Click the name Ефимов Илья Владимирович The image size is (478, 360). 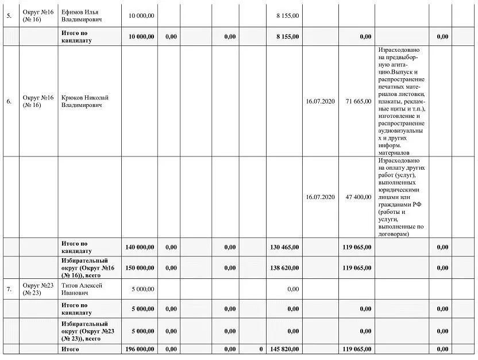click(x=82, y=16)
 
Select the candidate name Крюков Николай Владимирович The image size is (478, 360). click(x=85, y=101)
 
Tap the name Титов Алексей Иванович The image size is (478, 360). click(x=82, y=289)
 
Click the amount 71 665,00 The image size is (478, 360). click(x=358, y=102)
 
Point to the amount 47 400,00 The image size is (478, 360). click(x=358, y=197)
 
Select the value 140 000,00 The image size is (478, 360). click(x=140, y=247)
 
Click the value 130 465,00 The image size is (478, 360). click(x=284, y=247)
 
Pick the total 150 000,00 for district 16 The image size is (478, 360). click(x=140, y=268)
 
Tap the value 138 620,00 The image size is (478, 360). click(x=284, y=268)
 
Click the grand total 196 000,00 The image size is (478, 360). click(x=140, y=349)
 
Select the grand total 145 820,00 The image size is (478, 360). click(x=284, y=349)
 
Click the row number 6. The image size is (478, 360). click(x=9, y=102)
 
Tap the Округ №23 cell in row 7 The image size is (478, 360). click(x=38, y=289)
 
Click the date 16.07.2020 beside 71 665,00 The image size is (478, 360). click(x=320, y=102)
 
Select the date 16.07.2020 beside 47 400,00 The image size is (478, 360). click(x=320, y=197)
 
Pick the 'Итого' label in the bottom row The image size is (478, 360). click(x=70, y=349)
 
